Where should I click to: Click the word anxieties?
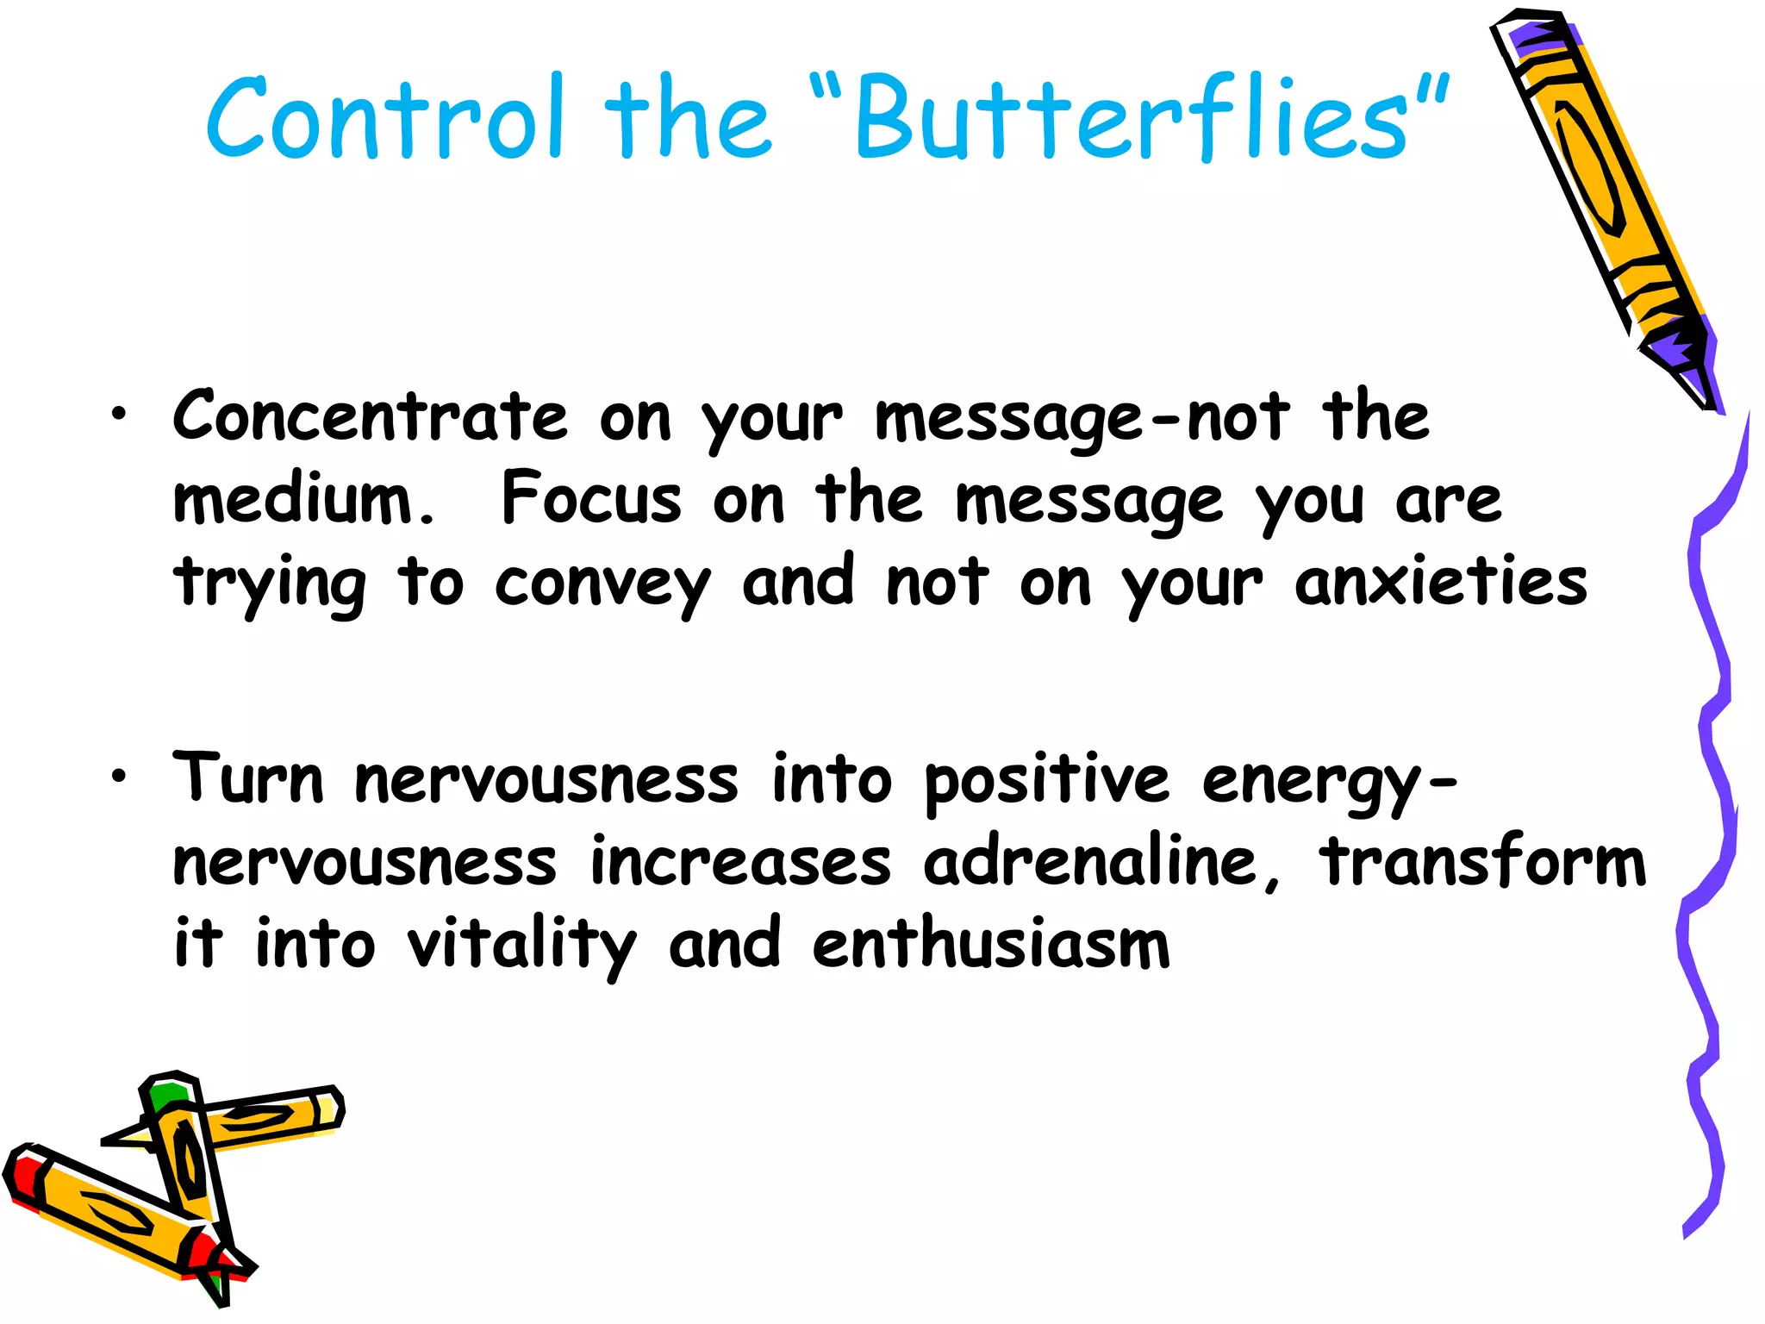(1440, 583)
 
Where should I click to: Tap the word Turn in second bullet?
(248, 779)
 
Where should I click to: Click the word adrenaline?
(1090, 862)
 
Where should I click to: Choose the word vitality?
(521, 946)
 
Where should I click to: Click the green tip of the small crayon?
(166, 1096)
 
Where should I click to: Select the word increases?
(740, 862)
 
